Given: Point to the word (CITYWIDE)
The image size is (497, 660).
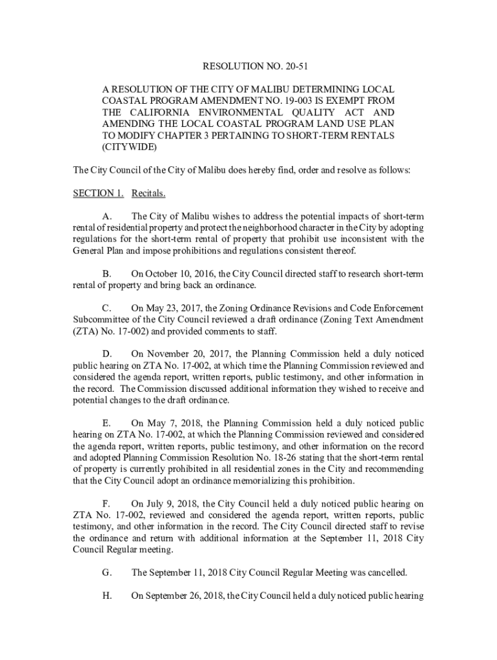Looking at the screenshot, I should point(129,147).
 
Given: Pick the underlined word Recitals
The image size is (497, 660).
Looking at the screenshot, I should point(148,193).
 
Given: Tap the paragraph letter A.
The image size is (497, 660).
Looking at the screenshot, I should point(107,217).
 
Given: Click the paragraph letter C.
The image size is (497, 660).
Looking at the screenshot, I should point(107,308).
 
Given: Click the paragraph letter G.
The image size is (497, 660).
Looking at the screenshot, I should point(107,572).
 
